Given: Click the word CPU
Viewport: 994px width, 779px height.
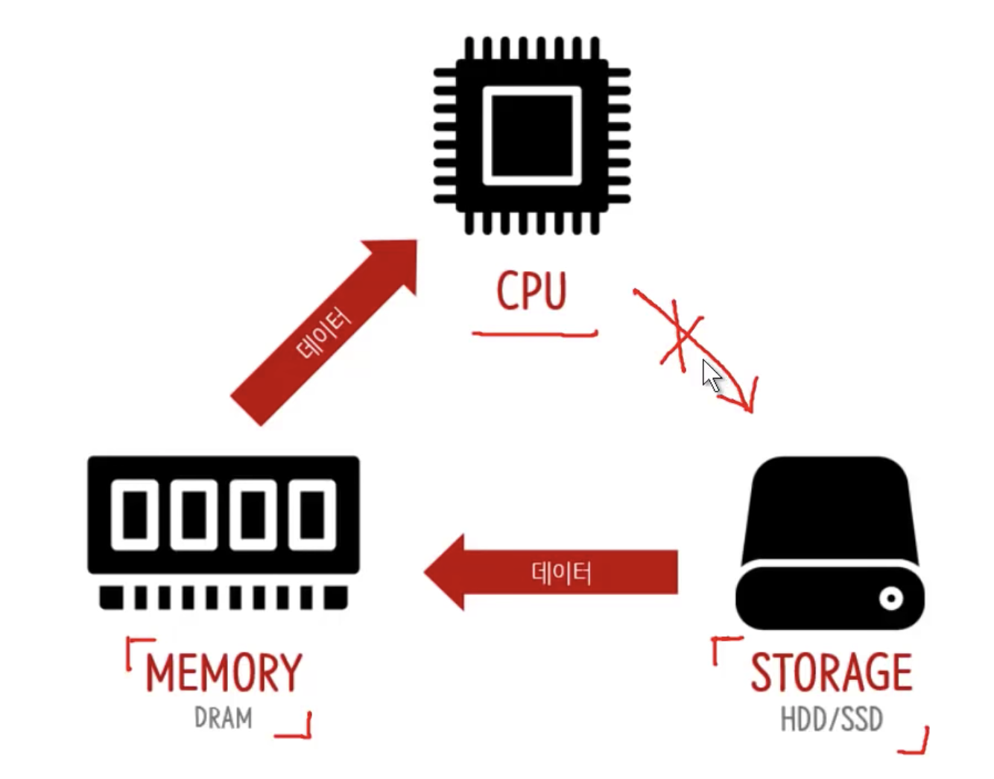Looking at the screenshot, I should (531, 291).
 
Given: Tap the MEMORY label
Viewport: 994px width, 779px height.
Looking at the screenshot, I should (224, 673).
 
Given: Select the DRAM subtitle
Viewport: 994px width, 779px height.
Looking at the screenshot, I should (223, 718).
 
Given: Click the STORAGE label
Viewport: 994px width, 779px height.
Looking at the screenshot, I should (831, 673).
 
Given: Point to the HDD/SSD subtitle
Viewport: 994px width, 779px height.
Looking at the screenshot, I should (831, 719).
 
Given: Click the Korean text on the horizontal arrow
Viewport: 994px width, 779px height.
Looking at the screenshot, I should (561, 573).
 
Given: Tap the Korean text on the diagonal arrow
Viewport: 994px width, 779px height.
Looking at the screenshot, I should (323, 334).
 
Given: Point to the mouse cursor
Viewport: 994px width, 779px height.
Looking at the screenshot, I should (711, 375).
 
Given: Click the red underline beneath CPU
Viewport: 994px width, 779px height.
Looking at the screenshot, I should (534, 334).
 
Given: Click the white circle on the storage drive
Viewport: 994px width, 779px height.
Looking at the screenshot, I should (890, 597).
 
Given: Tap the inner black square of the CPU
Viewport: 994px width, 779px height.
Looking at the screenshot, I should (532, 136).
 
